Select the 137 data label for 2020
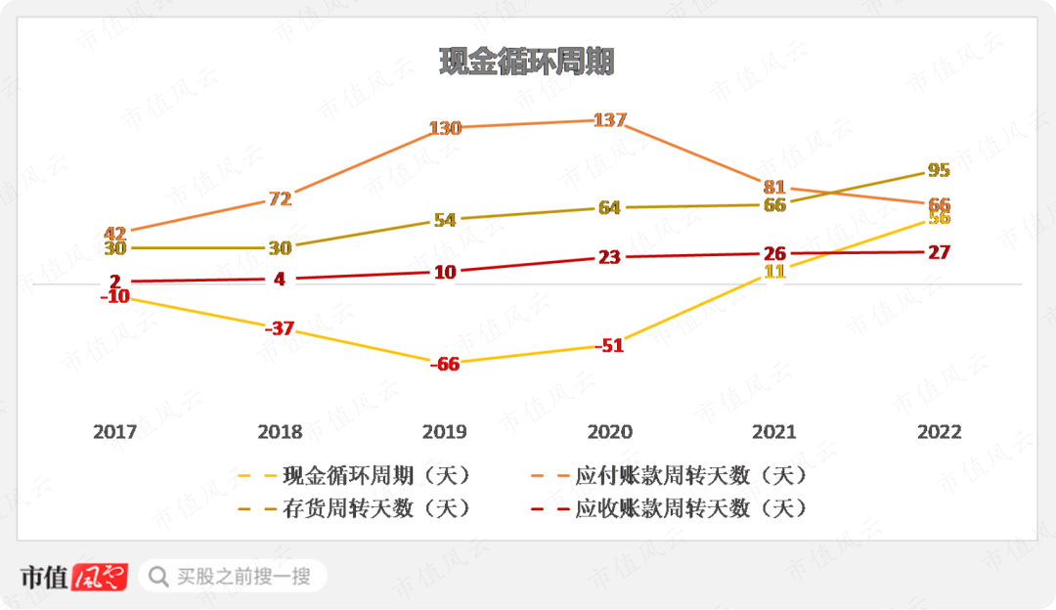[609, 120]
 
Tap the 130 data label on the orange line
[445, 128]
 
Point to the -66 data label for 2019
[445, 364]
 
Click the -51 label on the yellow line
[609, 345]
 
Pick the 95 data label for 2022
[939, 170]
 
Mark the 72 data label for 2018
[280, 198]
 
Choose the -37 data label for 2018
[280, 328]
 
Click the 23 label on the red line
[609, 257]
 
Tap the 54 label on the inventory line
[445, 220]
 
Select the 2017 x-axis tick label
[115, 432]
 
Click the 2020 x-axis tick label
[609, 432]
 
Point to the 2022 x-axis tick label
[939, 432]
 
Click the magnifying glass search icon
[157, 577]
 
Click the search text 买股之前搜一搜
[243, 577]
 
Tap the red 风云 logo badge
[102, 577]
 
